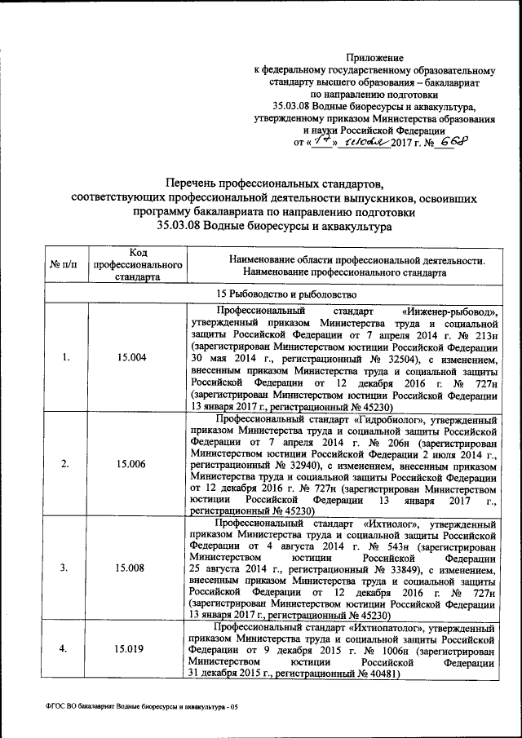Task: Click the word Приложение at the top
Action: tap(375, 57)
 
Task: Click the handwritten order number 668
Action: tap(453, 140)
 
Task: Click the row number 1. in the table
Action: tap(65, 358)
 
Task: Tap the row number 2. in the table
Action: tap(65, 464)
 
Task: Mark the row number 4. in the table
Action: tap(65, 649)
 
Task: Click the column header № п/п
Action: tap(64, 265)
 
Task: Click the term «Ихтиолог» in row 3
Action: tap(384, 522)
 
